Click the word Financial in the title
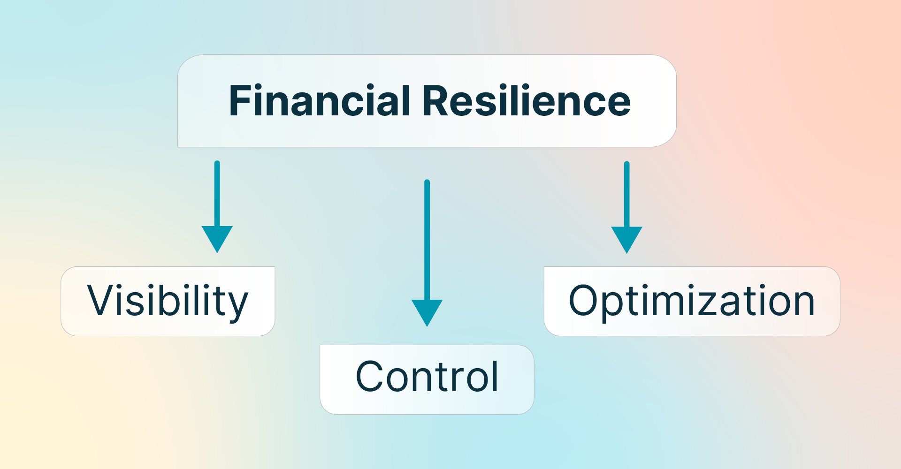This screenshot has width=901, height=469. pos(319,101)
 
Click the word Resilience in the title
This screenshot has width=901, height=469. pos(527,101)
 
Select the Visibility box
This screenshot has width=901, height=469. pos(168,301)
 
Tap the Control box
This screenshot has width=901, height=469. pos(427,379)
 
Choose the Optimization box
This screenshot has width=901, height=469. pos(692,301)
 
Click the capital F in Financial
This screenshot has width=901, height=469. pos(240,101)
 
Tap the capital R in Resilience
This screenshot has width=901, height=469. pos(435,101)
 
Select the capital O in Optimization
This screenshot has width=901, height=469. pos(584,301)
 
